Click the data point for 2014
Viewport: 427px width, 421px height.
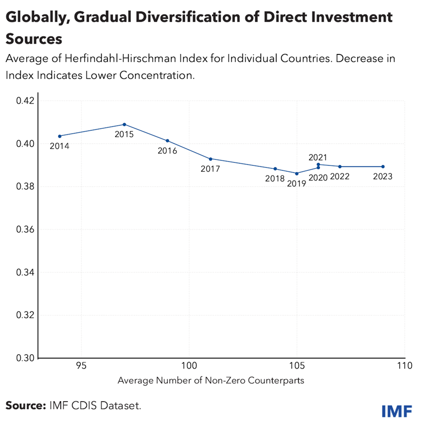pyautogui.click(x=60, y=136)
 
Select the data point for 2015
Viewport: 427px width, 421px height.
pyautogui.click(x=124, y=124)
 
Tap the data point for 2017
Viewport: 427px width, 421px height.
pyautogui.click(x=211, y=158)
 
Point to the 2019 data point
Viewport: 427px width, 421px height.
pyautogui.click(x=297, y=173)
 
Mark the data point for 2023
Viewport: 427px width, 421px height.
pyautogui.click(x=383, y=166)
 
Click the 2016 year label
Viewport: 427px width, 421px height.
pyautogui.click(x=167, y=151)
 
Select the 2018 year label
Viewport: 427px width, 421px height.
pyautogui.click(x=274, y=179)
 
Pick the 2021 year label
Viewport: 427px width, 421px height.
pyautogui.click(x=318, y=158)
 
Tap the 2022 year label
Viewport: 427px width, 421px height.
pyautogui.click(x=340, y=176)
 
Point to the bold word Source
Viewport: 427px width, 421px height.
pyautogui.click(x=25, y=406)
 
